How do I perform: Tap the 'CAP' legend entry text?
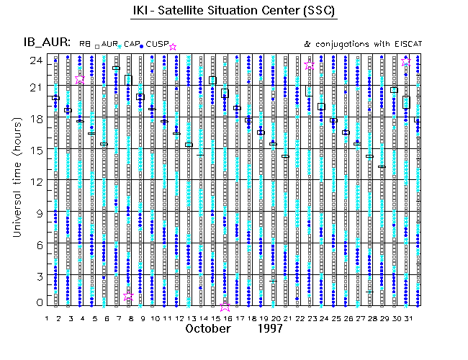131,45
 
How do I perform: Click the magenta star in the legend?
172,47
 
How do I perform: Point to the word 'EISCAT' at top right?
407,45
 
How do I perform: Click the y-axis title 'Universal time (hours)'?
16,180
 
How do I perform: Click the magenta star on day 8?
129,297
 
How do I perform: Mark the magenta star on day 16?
225,305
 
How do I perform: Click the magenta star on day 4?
80,79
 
